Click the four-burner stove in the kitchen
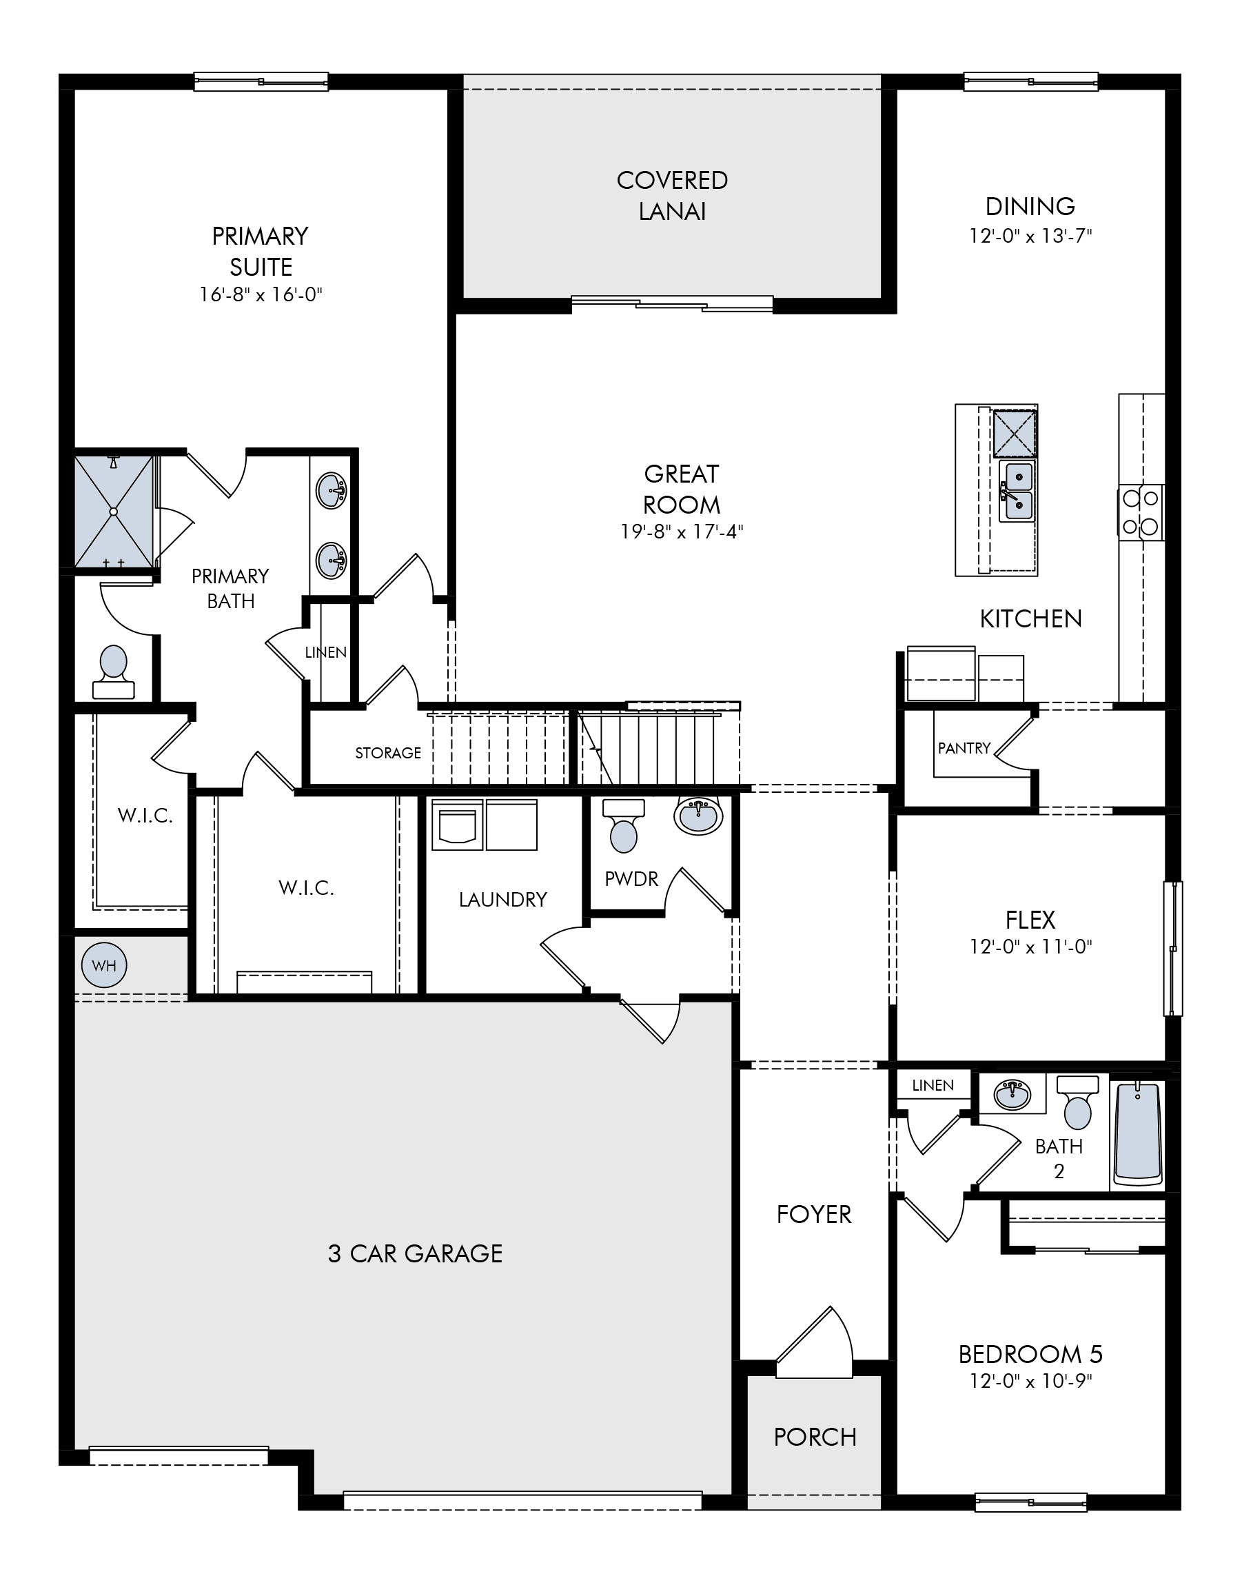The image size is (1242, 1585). point(1140,512)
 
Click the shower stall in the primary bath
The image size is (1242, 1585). point(114,512)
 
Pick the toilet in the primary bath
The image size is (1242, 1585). point(114,672)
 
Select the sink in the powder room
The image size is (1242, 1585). point(698,816)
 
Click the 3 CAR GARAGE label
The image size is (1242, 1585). point(415,1253)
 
